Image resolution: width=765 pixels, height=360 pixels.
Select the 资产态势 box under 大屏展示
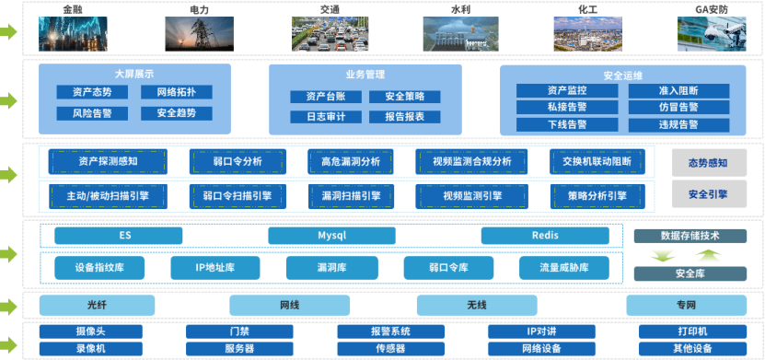[91, 92]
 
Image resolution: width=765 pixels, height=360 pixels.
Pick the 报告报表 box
[405, 117]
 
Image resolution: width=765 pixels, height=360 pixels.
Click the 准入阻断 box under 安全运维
[678, 90]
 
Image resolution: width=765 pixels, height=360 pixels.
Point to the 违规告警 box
[678, 124]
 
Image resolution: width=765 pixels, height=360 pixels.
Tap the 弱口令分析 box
[238, 162]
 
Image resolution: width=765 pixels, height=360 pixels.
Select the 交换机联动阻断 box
[597, 162]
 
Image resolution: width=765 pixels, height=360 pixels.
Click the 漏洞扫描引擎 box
[351, 196]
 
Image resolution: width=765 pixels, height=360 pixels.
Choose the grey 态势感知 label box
[708, 163]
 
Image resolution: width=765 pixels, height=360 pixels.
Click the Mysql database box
[331, 236]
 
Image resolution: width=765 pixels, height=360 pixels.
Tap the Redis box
[545, 236]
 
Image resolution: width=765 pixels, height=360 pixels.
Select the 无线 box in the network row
[476, 305]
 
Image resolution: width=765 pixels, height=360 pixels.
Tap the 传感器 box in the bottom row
[389, 349]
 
